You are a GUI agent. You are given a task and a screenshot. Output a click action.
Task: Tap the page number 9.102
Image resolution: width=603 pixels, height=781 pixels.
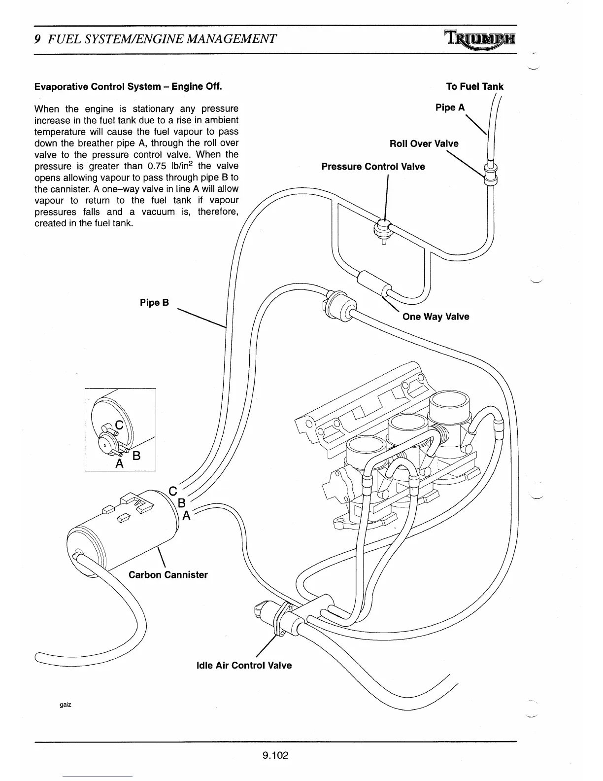pyautogui.click(x=275, y=755)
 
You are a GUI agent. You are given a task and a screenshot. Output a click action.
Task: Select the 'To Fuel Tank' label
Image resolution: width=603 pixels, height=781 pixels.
pyautogui.click(x=474, y=87)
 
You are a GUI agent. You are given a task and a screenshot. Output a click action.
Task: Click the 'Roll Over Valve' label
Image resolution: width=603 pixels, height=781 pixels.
pyautogui.click(x=424, y=143)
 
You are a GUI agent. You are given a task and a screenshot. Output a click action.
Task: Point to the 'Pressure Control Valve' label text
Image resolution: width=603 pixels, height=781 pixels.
pyautogui.click(x=373, y=167)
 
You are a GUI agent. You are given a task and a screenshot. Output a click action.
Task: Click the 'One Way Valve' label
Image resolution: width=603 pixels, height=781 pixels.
pyautogui.click(x=435, y=317)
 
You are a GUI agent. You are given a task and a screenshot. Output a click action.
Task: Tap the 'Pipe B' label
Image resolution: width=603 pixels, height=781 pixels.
pyautogui.click(x=154, y=303)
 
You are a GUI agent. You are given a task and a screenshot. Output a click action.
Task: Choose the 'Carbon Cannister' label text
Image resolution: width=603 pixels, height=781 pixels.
pyautogui.click(x=168, y=575)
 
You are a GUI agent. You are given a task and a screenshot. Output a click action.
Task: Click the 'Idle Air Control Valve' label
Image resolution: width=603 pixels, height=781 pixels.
pyautogui.click(x=244, y=666)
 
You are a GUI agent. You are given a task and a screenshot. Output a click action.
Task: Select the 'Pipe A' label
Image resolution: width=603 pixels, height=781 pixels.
pyautogui.click(x=450, y=107)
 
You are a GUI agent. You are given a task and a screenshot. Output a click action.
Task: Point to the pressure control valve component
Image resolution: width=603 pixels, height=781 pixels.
pyautogui.click(x=383, y=230)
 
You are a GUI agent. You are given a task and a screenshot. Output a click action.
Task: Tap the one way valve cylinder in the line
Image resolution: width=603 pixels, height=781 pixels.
pyautogui.click(x=373, y=283)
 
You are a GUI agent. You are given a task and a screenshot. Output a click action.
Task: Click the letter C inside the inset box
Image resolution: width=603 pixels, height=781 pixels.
pyautogui.click(x=119, y=425)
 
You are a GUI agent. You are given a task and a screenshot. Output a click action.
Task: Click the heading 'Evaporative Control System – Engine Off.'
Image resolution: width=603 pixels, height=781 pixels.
pyautogui.click(x=128, y=87)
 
